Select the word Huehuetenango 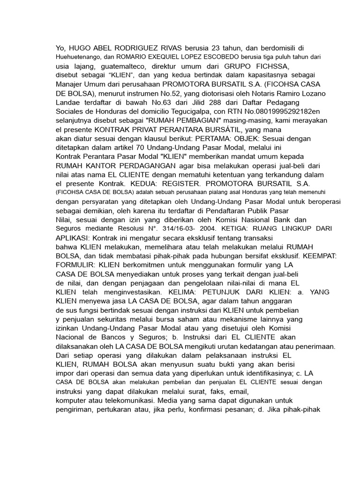pyautogui.click(x=79, y=57)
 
